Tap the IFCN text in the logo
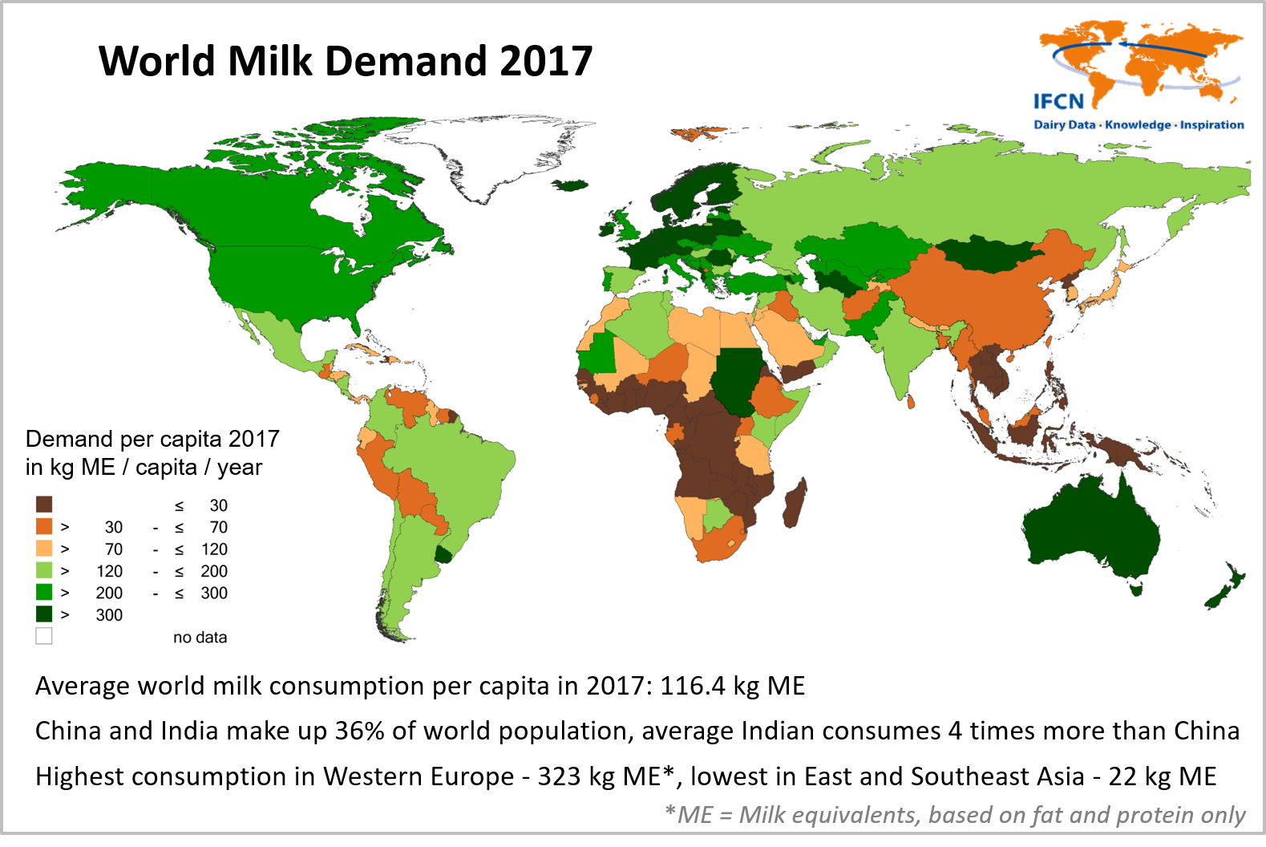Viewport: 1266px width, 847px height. (1058, 102)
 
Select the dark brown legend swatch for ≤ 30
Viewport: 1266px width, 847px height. (44, 505)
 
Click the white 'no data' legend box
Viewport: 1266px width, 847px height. (44, 636)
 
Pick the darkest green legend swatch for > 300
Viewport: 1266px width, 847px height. (44, 614)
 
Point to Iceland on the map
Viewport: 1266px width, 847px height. (571, 185)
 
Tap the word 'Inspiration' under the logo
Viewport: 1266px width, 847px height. (1211, 125)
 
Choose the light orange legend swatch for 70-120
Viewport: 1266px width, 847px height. (44, 549)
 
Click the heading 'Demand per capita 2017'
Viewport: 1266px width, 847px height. (152, 440)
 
